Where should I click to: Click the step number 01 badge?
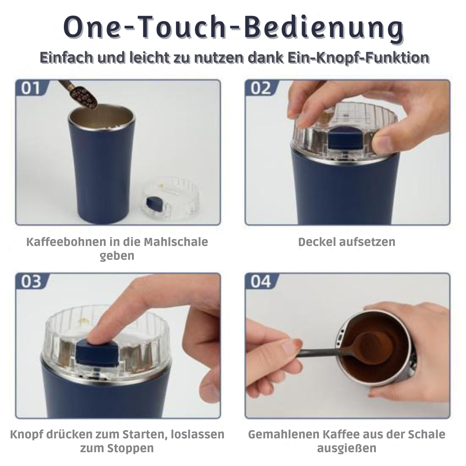[31, 88]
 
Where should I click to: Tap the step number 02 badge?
[261, 88]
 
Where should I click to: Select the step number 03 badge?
[31, 281]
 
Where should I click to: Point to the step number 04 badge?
[261, 281]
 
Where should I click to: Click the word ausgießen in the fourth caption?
[346, 448]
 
